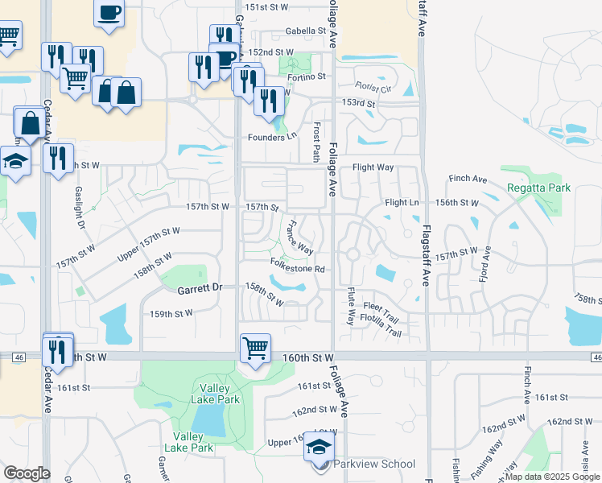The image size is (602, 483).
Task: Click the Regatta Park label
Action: (539, 188)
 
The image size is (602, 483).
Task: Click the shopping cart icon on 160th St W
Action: (255, 349)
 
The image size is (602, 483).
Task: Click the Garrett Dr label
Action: (200, 287)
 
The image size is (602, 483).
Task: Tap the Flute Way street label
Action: (351, 307)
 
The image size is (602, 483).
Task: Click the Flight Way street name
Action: (373, 167)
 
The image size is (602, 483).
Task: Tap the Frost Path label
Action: (317, 142)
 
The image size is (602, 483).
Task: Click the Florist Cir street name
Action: (376, 88)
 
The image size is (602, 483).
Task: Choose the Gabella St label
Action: (309, 31)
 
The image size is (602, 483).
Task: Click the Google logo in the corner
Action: (27, 473)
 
